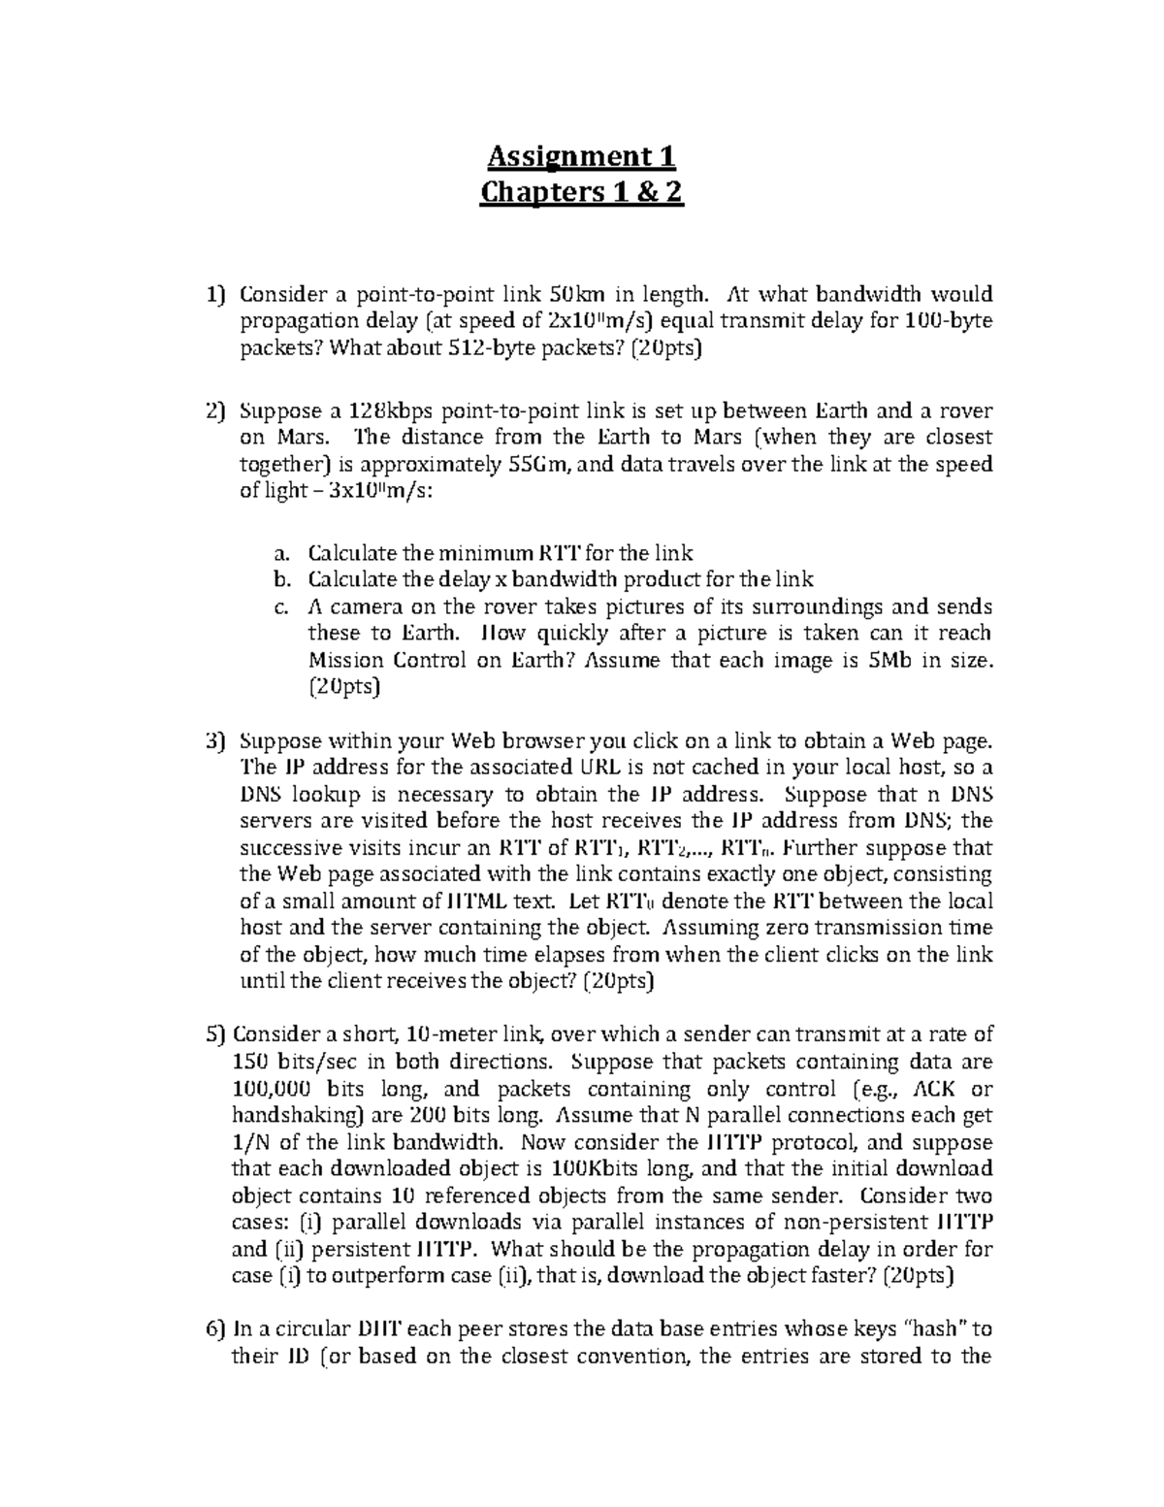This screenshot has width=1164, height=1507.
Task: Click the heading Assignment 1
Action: pos(581,156)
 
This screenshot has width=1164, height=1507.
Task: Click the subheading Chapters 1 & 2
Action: pos(582,193)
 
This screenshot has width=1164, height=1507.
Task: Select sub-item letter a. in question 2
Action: pos(282,554)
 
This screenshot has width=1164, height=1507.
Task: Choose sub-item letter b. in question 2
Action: pos(282,580)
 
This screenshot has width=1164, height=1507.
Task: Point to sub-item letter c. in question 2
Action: pos(282,607)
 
